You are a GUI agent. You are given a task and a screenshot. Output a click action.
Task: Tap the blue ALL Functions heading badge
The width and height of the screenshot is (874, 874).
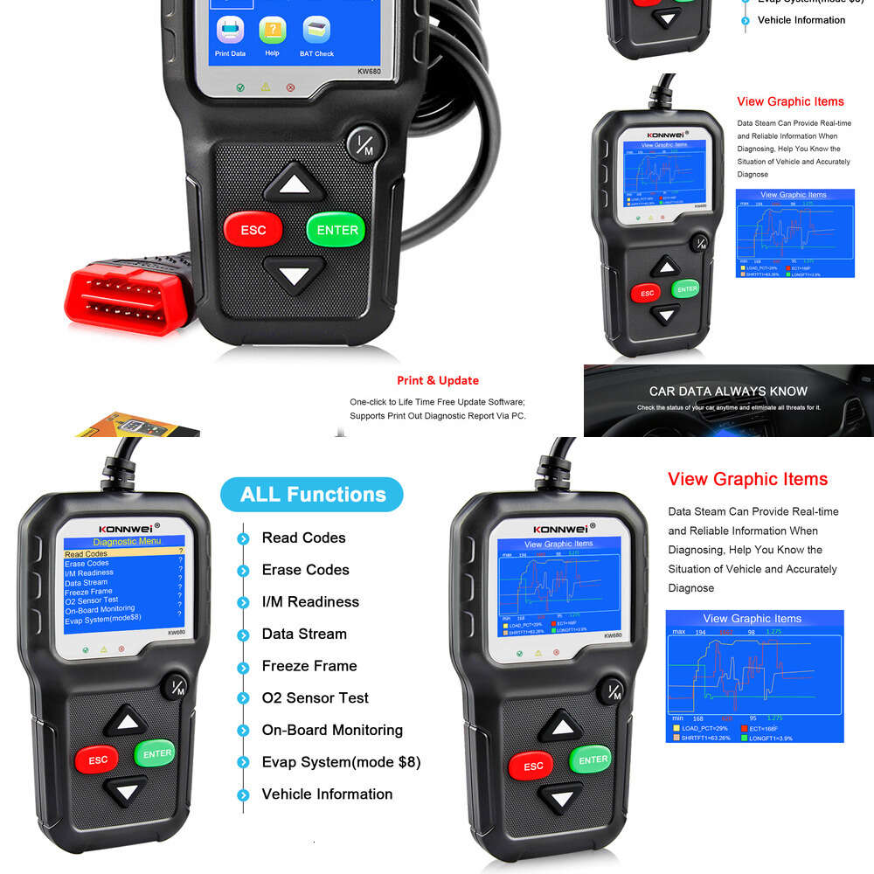312,495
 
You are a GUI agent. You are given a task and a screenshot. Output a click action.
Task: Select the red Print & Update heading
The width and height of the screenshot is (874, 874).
438,380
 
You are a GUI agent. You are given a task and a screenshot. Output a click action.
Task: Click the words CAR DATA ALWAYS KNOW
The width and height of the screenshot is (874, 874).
728,392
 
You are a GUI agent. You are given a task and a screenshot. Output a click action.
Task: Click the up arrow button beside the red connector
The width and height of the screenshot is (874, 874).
295,184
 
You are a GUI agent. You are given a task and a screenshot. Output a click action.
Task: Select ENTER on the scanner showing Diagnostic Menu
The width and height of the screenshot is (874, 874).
157,753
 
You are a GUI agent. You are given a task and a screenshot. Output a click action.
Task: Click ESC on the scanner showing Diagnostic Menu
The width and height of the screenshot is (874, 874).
98,760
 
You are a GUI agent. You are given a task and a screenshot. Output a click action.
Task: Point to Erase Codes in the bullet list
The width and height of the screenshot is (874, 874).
305,570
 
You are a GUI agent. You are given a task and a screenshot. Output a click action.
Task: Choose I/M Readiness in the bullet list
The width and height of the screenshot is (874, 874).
310,601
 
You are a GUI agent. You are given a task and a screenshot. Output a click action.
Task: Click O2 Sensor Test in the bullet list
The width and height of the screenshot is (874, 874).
315,697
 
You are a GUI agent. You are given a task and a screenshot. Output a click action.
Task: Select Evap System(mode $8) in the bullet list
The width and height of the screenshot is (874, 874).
341,762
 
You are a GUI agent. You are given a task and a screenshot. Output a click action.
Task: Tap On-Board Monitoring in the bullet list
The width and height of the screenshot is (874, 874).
332,730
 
